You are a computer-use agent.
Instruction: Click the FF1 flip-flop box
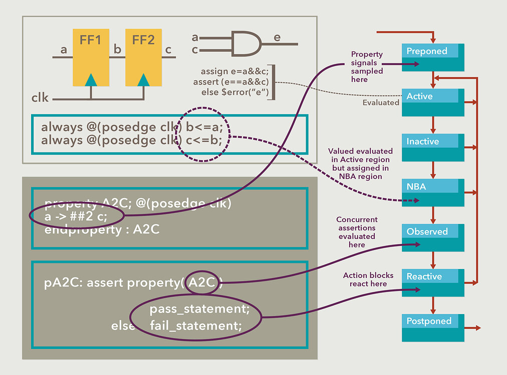coord(91,57)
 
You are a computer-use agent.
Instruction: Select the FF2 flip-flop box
coord(144,57)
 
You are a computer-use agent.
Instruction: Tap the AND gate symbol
coord(246,43)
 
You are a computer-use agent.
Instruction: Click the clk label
coord(40,97)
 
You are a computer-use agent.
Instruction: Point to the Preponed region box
coord(433,57)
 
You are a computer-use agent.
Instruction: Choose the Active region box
coord(433,102)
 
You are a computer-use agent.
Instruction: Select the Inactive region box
coord(433,147)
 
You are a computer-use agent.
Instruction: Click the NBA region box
coord(433,192)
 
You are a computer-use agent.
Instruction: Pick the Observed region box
coord(433,237)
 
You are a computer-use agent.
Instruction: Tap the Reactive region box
coord(433,282)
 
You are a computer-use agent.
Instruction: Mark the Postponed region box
coord(433,328)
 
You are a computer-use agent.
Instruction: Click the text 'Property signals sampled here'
coord(367,67)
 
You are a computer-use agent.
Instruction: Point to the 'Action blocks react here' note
coord(368,279)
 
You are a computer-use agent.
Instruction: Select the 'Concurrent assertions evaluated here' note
coord(357,232)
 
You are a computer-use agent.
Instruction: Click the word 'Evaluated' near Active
coord(381,102)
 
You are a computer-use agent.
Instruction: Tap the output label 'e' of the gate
coord(277,37)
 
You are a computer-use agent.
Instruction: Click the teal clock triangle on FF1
coord(91,79)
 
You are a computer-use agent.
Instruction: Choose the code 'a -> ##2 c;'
coord(76,216)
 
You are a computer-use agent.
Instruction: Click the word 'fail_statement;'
coord(195,325)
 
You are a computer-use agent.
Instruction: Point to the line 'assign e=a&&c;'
coord(235,71)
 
